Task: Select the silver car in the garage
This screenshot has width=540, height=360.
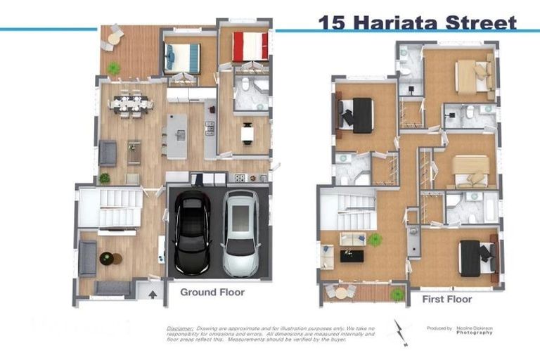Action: (240, 224)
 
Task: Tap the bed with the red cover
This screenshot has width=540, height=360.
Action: (251, 46)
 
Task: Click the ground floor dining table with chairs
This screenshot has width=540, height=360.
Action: (131, 104)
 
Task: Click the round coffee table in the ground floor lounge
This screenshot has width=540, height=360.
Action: (107, 258)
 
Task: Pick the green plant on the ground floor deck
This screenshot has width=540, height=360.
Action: (113, 67)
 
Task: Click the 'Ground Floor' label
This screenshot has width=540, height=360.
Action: (212, 292)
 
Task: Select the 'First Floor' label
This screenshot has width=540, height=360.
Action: (446, 299)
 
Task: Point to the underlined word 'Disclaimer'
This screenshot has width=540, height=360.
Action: (179, 328)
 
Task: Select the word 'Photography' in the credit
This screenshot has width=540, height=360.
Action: (474, 333)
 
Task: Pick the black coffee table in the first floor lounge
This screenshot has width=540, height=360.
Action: (352, 256)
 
